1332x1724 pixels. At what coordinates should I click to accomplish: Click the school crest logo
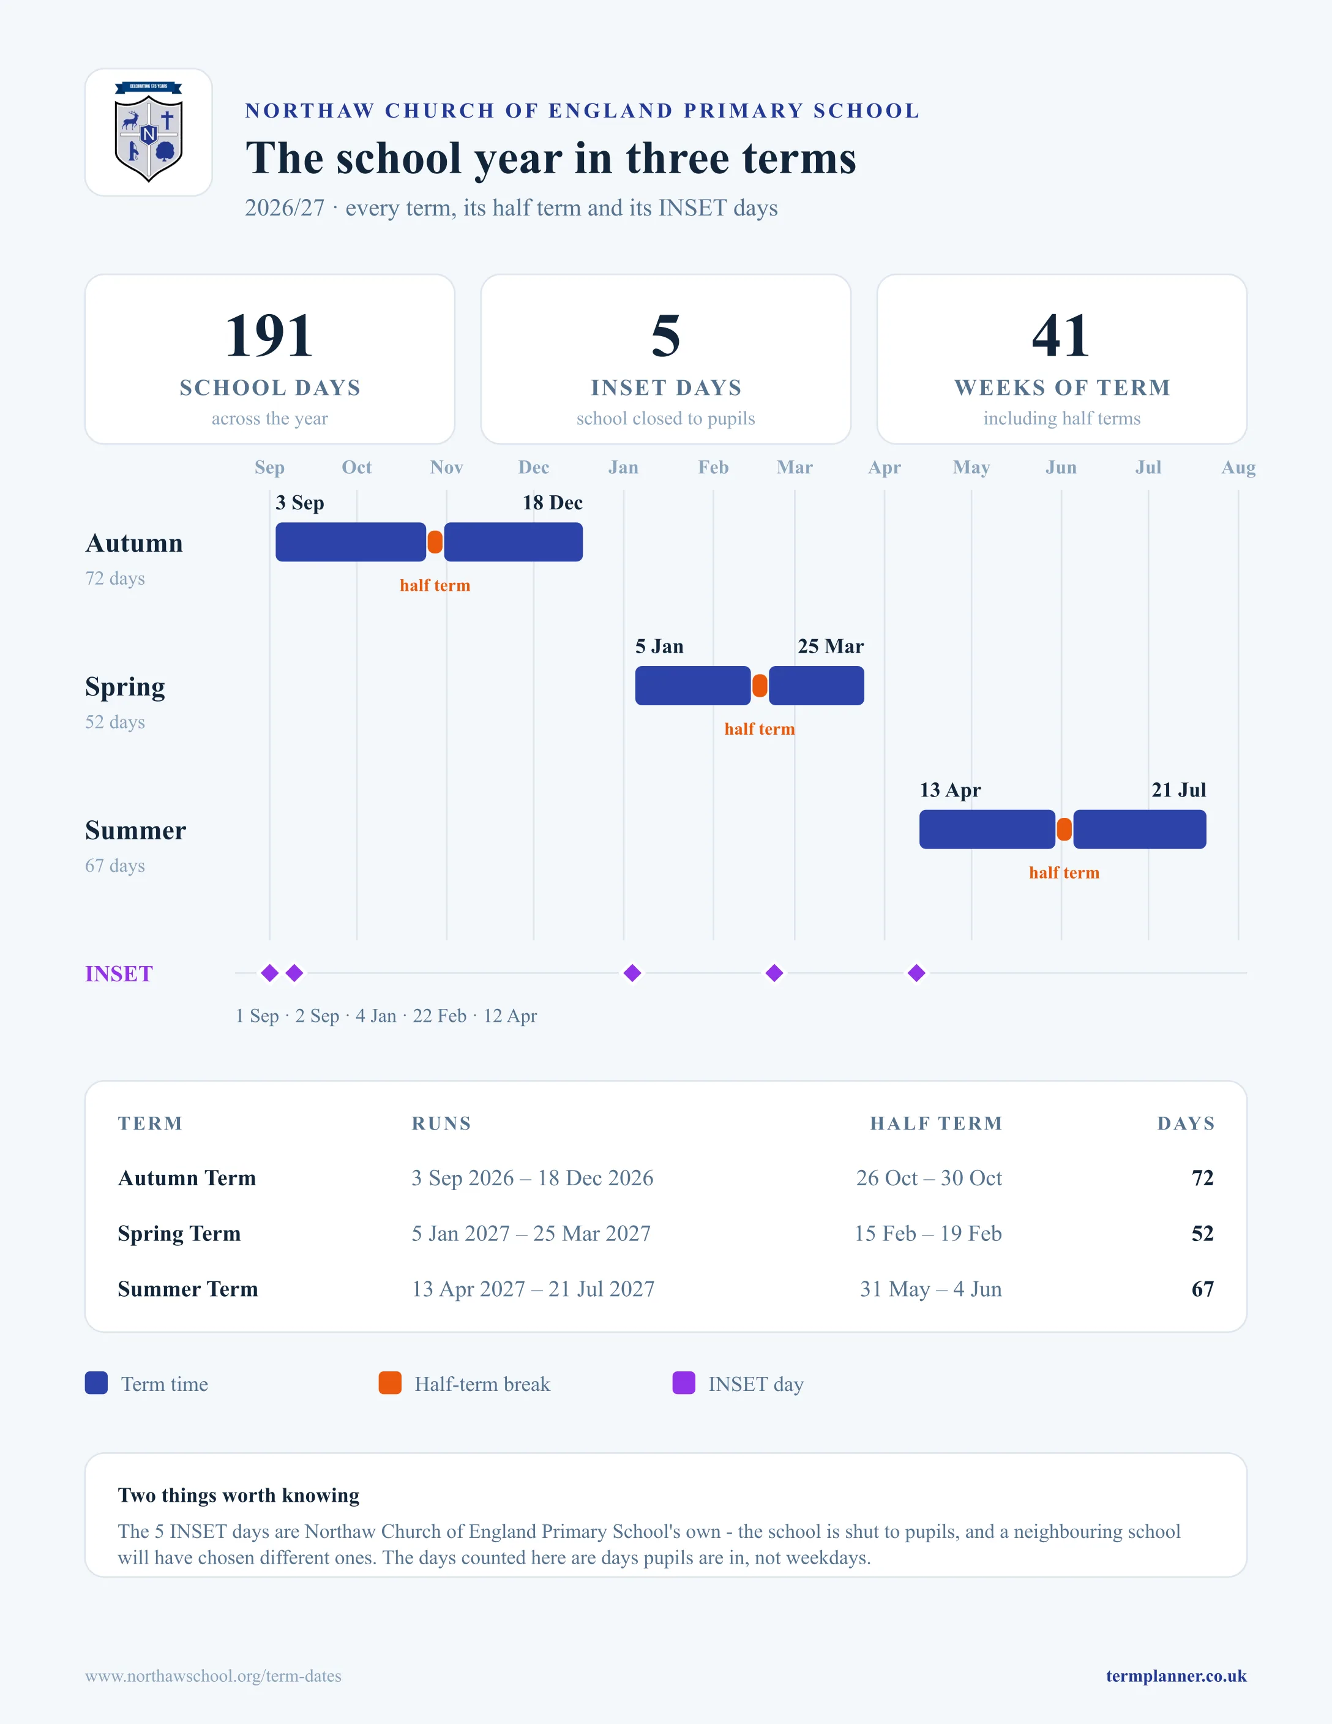point(148,132)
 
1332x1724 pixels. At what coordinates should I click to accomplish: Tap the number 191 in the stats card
point(269,335)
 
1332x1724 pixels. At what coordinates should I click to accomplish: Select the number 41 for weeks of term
point(1061,335)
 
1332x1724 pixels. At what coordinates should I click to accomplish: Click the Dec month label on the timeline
point(533,467)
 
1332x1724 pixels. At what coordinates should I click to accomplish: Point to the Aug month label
point(1238,467)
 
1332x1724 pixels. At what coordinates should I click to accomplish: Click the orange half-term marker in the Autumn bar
point(435,542)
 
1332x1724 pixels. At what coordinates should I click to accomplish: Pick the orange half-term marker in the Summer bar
point(1064,830)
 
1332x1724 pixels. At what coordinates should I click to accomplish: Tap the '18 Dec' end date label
point(552,503)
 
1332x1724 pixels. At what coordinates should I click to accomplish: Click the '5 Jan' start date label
point(660,646)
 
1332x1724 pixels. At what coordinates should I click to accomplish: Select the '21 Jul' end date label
point(1179,790)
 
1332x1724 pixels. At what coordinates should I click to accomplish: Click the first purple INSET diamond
point(270,973)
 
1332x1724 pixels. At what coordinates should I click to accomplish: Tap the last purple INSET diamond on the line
point(916,973)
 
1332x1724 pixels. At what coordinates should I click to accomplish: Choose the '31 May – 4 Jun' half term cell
point(931,1289)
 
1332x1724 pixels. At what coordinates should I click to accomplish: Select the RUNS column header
point(441,1123)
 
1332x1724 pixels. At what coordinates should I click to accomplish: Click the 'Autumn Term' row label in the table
point(187,1178)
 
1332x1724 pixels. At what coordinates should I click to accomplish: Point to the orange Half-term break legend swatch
point(390,1383)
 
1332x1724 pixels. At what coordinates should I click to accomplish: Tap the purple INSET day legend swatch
point(683,1383)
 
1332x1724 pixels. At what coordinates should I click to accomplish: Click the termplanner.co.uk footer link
point(1176,1676)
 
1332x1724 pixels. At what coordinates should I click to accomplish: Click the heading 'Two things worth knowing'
point(238,1495)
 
